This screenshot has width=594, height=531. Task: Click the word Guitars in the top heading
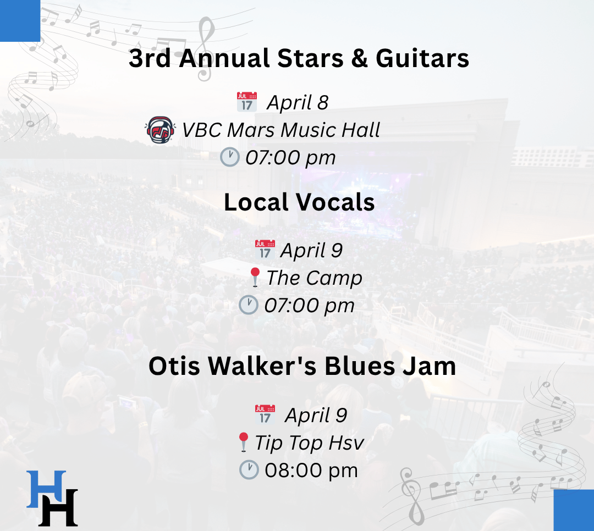pyautogui.click(x=422, y=58)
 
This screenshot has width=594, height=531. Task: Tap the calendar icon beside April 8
pyautogui.click(x=246, y=102)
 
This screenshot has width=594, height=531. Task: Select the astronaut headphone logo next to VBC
pyautogui.click(x=160, y=130)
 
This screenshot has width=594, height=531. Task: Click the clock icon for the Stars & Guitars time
pyautogui.click(x=229, y=157)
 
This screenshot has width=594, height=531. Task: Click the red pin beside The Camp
pyautogui.click(x=255, y=277)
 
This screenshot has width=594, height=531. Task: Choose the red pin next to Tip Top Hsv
pyautogui.click(x=243, y=442)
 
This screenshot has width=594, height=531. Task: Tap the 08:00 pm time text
pyautogui.click(x=311, y=471)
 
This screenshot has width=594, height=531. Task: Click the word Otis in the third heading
pyautogui.click(x=174, y=366)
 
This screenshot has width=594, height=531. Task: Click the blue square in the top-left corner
pyautogui.click(x=20, y=21)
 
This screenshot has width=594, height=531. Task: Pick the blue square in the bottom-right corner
pyautogui.click(x=574, y=510)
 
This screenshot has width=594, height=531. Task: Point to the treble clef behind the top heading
pyautogui.click(x=205, y=48)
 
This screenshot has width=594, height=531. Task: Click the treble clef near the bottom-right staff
pyautogui.click(x=414, y=496)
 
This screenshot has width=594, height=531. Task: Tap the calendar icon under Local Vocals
pyautogui.click(x=265, y=250)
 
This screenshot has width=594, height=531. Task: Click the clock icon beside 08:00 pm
pyautogui.click(x=249, y=470)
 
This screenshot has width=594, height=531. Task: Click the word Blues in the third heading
pyautogui.click(x=359, y=366)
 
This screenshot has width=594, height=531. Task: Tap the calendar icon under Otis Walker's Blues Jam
pyautogui.click(x=265, y=414)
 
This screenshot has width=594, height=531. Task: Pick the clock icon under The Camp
pyautogui.click(x=249, y=305)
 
